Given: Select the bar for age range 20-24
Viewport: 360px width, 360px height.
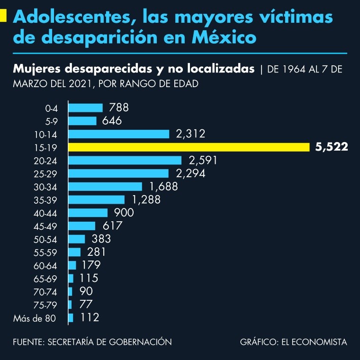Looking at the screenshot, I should (125, 160).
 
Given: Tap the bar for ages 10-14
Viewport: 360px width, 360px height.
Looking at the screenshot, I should (119, 134).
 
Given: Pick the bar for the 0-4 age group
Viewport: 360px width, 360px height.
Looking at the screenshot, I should (86, 108).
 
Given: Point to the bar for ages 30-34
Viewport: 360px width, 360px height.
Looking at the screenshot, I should (105, 187).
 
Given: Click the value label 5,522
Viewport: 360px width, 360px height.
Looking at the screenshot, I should (332, 147).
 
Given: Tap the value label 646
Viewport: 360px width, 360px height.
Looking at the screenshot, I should (112, 121).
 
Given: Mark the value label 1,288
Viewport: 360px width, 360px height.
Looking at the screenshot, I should (146, 199).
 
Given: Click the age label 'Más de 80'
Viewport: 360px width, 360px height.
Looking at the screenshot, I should (35, 318).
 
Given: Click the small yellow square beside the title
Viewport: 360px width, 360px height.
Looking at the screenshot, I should (3, 17).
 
